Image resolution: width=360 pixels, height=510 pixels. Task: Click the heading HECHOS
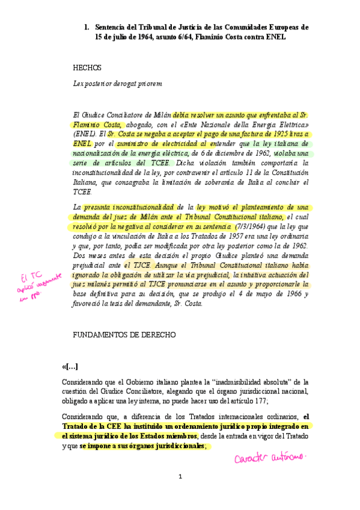click(x=87, y=68)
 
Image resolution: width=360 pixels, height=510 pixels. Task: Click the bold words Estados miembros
click(x=168, y=436)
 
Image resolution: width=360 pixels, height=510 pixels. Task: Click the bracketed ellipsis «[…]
click(x=70, y=367)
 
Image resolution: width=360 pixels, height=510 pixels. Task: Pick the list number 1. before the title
click(x=87, y=28)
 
